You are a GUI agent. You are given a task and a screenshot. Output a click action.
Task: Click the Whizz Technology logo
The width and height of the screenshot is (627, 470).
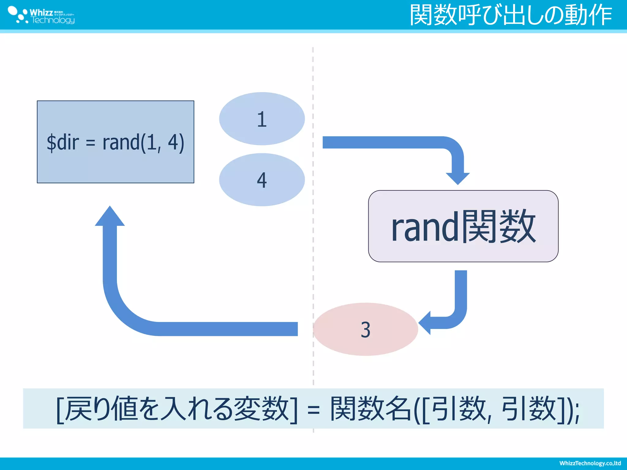(x=41, y=15)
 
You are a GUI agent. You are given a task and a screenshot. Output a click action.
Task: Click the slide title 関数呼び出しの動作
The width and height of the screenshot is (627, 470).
(x=511, y=15)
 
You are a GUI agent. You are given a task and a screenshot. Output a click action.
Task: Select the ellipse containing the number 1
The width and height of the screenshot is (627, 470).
(x=262, y=119)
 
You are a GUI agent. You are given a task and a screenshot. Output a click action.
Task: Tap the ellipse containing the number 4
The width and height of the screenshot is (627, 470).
(x=262, y=180)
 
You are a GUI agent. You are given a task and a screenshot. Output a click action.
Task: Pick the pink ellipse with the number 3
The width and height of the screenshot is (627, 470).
(x=365, y=329)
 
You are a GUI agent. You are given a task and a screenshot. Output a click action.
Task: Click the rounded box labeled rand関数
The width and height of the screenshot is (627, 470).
(x=463, y=226)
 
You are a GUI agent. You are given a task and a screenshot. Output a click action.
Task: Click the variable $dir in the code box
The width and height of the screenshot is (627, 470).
(x=63, y=143)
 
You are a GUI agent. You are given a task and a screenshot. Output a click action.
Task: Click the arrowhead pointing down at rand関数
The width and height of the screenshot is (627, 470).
(x=458, y=178)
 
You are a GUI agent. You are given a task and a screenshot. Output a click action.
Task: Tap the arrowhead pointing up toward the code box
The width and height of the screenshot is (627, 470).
(x=110, y=216)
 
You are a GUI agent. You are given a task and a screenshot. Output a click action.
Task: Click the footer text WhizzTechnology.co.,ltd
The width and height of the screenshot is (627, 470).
(x=590, y=463)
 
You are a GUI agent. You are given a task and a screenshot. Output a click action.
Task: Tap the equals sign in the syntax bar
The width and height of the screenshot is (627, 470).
(x=313, y=410)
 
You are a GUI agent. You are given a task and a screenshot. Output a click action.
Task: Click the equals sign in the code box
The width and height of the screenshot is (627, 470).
(x=90, y=143)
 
